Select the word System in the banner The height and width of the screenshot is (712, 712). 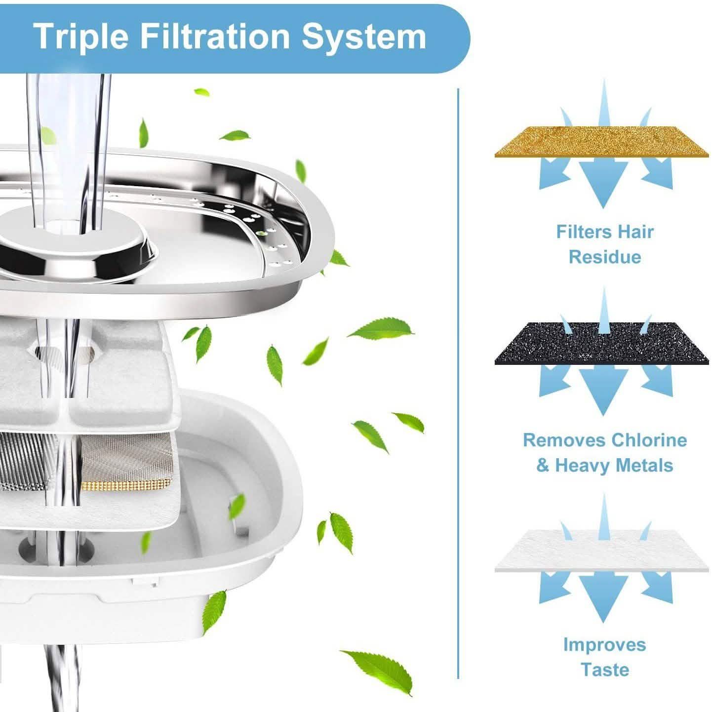pos(364,36)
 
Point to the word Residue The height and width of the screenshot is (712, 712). pos(604,257)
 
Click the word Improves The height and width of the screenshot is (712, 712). pos(604,644)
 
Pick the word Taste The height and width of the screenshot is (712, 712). pos(604,670)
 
